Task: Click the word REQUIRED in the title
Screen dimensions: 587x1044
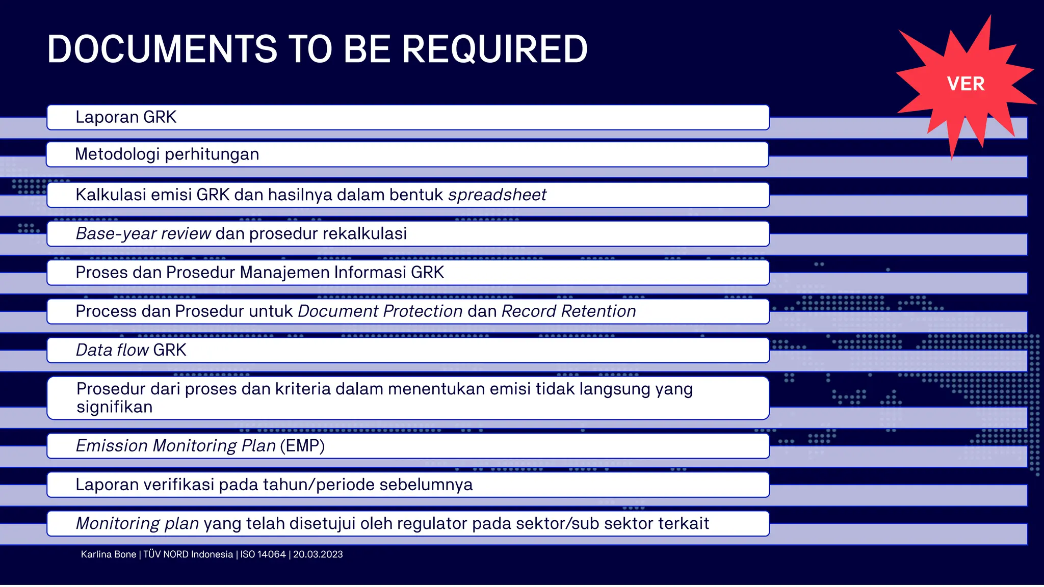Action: coord(494,49)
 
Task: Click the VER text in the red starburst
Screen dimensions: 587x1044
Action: coord(965,84)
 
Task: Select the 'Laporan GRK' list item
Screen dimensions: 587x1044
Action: coord(126,117)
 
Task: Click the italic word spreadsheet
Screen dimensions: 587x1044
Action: coord(497,195)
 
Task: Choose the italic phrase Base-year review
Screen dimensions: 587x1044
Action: coord(143,233)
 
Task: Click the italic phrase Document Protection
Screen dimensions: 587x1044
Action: coord(380,311)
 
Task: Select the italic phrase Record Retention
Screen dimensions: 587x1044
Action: coord(569,311)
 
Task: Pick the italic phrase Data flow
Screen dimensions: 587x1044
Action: coord(112,350)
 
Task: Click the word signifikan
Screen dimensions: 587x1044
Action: coord(115,407)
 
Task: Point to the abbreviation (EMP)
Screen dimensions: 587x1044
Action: coord(302,446)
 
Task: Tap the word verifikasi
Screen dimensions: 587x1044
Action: coord(178,485)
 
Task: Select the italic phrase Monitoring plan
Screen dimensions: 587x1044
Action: coord(137,523)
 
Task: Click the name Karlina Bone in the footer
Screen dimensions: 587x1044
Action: coord(109,554)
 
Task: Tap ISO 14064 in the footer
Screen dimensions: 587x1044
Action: coord(263,554)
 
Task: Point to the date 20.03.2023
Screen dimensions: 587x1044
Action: coord(318,554)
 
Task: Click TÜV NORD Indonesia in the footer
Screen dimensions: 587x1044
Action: coord(188,554)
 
